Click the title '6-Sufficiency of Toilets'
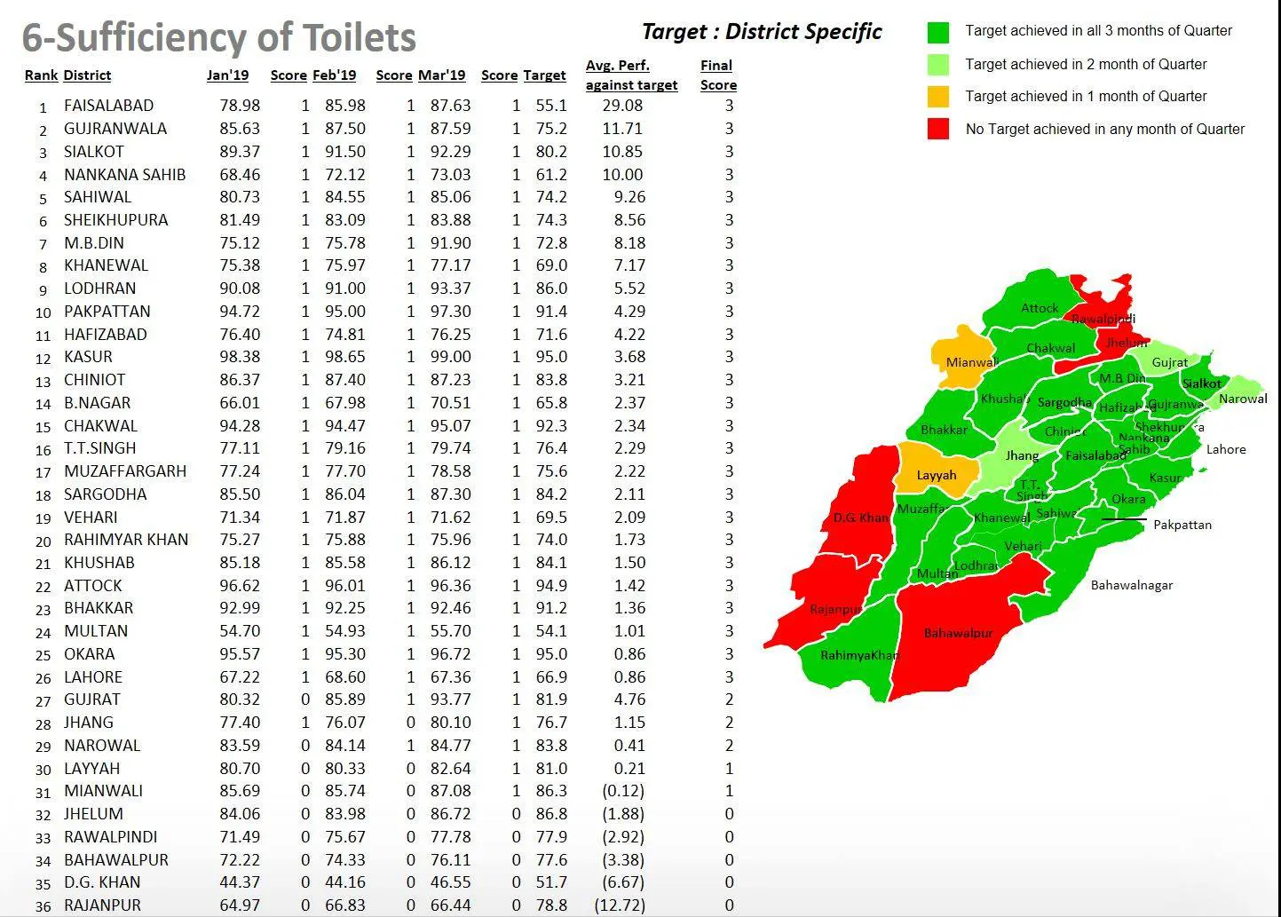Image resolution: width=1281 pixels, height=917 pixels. tap(218, 37)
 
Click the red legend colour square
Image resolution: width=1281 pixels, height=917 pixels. tap(937, 129)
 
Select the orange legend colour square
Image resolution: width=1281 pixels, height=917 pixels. tap(937, 96)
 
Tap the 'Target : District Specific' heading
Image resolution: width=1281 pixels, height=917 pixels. tap(761, 32)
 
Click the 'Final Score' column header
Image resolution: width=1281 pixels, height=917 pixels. tap(717, 75)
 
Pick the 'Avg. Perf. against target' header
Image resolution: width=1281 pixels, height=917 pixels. tap(631, 75)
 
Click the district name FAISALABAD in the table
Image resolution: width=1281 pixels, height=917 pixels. tap(108, 106)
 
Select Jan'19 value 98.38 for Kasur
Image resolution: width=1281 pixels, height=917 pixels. tap(240, 357)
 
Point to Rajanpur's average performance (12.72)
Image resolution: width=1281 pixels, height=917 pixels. tap(620, 905)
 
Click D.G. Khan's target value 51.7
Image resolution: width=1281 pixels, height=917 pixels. tap(551, 882)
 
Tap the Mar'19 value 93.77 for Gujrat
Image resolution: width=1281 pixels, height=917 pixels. tap(450, 700)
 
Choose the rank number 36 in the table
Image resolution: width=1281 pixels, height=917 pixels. tap(43, 906)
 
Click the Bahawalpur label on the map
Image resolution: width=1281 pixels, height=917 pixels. tap(958, 633)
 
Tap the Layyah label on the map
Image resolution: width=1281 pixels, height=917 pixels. tap(936, 475)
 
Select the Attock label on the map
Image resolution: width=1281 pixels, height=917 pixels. tap(1039, 308)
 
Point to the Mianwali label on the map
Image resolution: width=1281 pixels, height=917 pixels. tap(972, 362)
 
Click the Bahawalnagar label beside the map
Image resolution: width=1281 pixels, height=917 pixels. tap(1131, 585)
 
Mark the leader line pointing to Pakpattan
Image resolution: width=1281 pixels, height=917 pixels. tap(1124, 519)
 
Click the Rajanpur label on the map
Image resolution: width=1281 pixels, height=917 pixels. tap(834, 609)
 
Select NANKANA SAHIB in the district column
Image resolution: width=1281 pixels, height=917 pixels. tap(124, 175)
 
